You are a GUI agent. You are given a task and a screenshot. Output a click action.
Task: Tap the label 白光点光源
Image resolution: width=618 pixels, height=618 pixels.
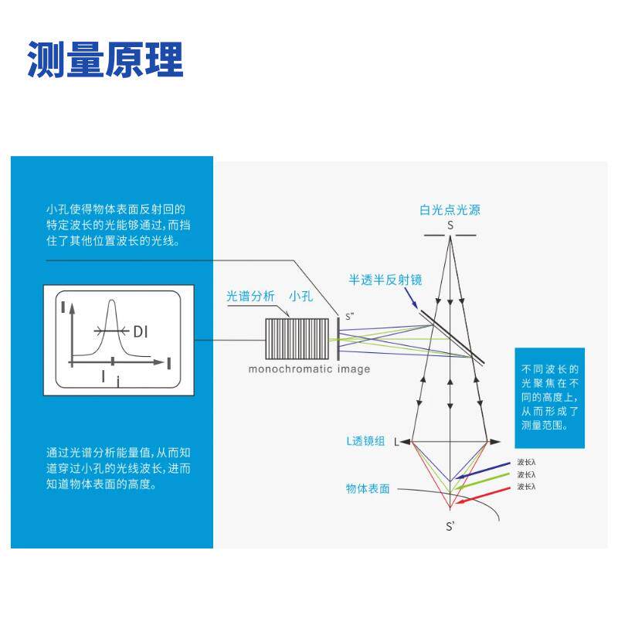(x=450, y=210)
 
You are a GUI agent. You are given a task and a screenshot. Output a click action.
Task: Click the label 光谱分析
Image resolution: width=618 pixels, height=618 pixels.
(x=250, y=296)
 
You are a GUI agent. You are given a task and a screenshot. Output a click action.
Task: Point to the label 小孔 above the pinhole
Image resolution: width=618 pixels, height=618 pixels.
(x=301, y=296)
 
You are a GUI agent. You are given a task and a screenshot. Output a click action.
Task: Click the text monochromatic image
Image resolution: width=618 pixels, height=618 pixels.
(x=309, y=369)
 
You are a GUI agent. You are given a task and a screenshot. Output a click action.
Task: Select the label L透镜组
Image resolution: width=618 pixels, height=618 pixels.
(x=367, y=441)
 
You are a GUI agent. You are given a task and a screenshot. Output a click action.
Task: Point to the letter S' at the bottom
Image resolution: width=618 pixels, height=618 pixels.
(x=450, y=528)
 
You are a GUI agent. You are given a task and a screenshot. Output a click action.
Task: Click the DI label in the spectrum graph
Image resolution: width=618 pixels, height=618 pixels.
(x=141, y=332)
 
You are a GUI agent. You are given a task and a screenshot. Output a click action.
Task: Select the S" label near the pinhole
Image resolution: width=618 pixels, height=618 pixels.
(x=349, y=316)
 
